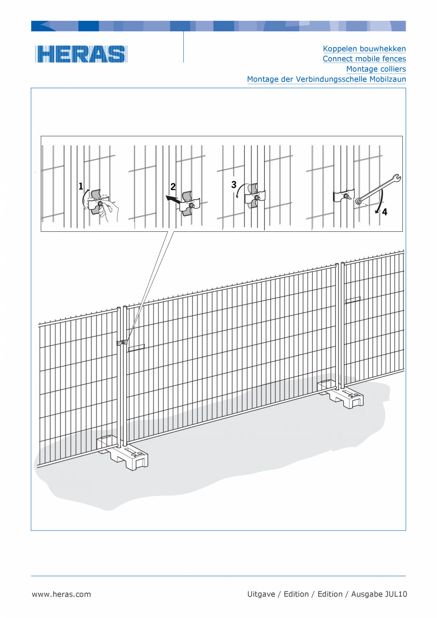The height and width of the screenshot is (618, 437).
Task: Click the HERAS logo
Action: pos(81,54)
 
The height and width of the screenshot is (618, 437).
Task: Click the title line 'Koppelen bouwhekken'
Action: pos(364,49)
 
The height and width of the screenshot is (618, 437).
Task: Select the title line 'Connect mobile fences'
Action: pos(364,59)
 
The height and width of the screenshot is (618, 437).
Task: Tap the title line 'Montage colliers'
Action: pos(376,69)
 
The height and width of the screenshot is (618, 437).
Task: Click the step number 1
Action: pos(81,186)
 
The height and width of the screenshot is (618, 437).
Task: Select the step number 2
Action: pos(173,187)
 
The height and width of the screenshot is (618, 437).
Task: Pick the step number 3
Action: pos(234,185)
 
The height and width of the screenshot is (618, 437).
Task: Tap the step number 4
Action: pos(385,212)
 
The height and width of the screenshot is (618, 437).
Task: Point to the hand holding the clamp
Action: pos(109,210)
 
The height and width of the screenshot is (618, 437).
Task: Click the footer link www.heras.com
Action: pos(61,594)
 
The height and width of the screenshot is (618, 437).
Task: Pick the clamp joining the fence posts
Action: pos(122,342)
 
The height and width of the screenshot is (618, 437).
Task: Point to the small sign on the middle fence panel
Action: pos(137,348)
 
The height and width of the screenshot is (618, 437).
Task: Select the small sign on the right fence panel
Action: pos(353,300)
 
